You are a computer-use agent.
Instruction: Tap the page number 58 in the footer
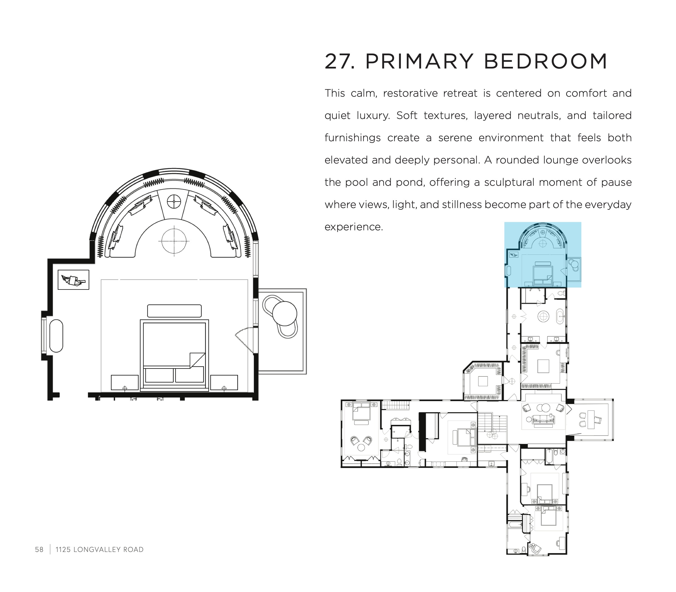tap(39, 549)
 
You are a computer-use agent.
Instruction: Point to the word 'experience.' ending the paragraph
tap(353, 227)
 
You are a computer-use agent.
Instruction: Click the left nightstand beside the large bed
tap(125, 383)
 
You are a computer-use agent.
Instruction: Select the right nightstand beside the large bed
tap(224, 383)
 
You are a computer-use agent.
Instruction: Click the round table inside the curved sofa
tap(174, 241)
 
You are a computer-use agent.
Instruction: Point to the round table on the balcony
tap(284, 313)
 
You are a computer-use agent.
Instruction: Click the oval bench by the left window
tap(56, 336)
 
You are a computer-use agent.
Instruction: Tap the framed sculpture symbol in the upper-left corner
tap(73, 280)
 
